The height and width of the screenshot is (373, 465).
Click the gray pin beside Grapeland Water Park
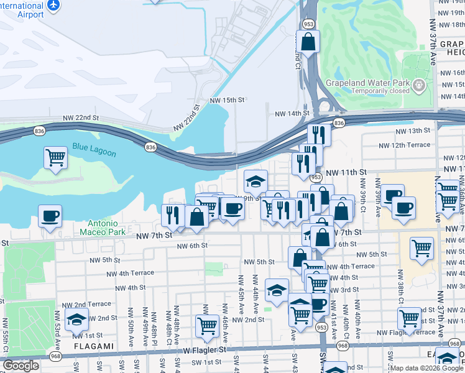coord(420,84)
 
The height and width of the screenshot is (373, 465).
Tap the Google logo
coord(21,366)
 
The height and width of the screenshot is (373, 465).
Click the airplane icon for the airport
coord(53,5)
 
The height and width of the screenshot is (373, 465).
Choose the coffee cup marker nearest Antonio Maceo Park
coord(50,216)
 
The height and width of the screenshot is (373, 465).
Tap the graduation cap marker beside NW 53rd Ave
coord(76,320)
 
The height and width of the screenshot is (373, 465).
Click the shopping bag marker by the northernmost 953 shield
coord(308,42)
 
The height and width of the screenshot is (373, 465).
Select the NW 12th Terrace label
coord(405,145)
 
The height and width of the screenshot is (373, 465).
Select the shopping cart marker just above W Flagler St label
coord(207,325)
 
